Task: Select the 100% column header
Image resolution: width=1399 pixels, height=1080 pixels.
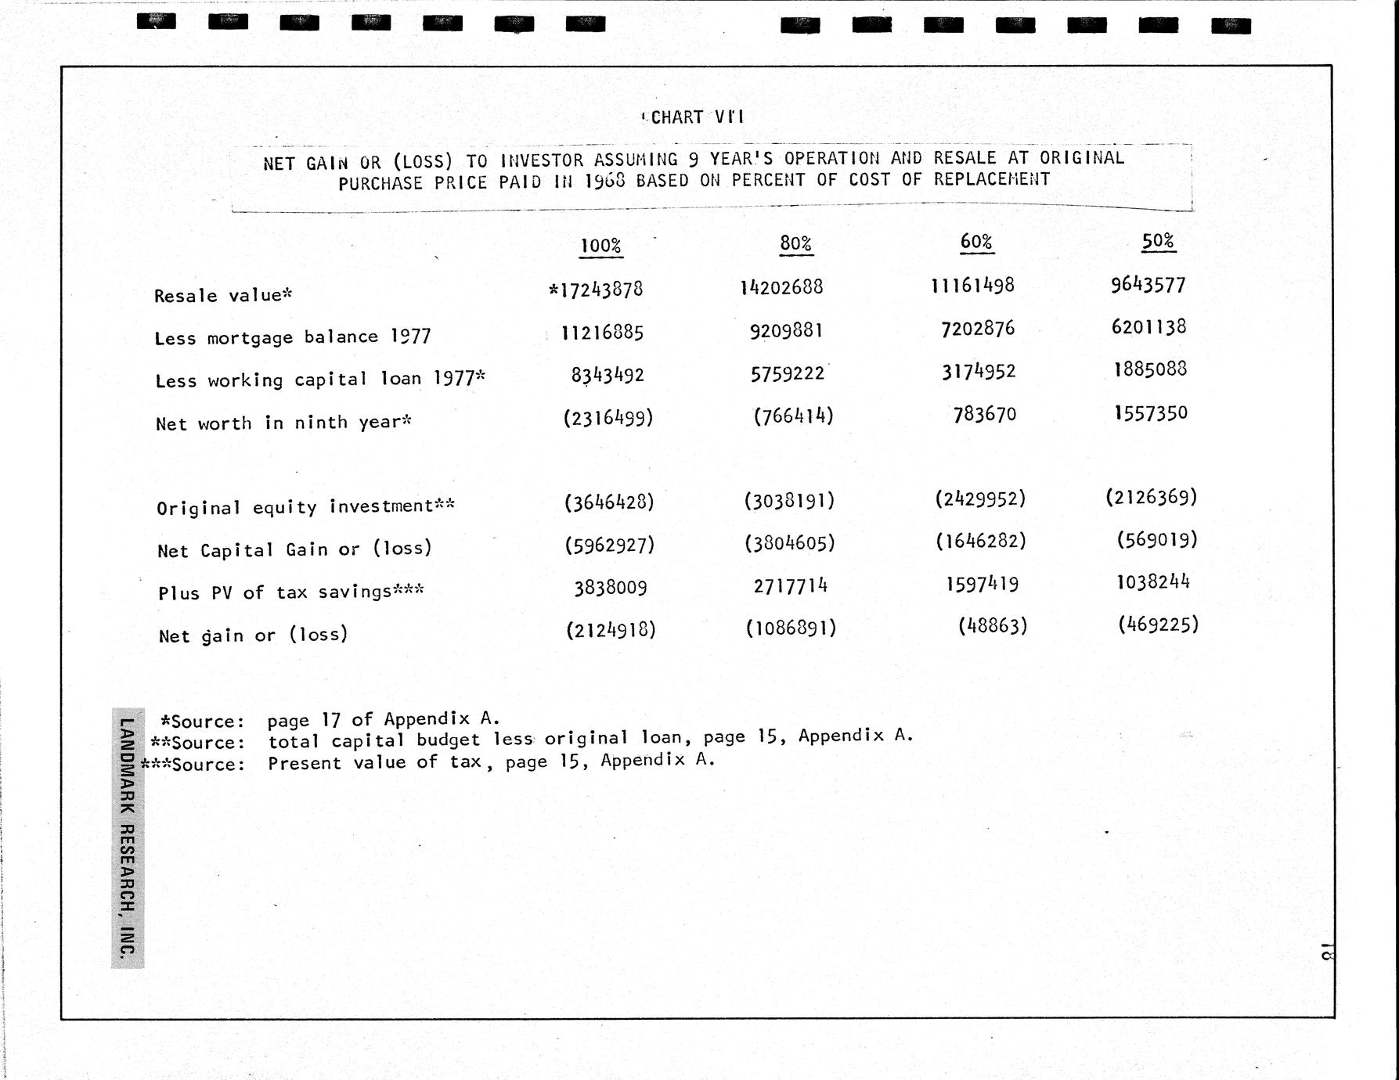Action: click(x=600, y=246)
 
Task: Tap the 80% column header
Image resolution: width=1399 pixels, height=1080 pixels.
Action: click(x=795, y=243)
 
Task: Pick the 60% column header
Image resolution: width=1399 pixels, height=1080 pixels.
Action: click(x=976, y=242)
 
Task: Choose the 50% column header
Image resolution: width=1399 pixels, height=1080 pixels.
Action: click(x=1158, y=240)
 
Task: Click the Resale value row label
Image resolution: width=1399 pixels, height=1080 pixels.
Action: click(x=223, y=295)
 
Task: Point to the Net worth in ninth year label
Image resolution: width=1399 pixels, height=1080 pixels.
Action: click(x=283, y=423)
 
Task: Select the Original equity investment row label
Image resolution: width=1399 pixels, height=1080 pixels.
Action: click(x=305, y=507)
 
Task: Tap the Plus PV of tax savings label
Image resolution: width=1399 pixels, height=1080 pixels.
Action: click(x=290, y=592)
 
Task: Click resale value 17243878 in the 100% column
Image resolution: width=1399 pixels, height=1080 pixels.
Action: click(x=597, y=290)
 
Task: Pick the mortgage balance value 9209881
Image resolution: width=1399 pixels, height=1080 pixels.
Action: click(x=786, y=331)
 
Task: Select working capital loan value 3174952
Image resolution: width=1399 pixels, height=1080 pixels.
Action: click(x=979, y=371)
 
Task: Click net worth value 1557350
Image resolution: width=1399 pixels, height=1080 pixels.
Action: click(x=1150, y=412)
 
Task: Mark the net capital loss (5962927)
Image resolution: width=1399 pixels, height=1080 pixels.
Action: click(x=609, y=545)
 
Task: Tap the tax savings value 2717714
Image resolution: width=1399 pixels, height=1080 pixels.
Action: click(x=790, y=585)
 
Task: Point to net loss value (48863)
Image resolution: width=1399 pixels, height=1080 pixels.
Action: click(x=992, y=625)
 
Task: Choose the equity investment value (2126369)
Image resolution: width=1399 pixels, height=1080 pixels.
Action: click(x=1151, y=497)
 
